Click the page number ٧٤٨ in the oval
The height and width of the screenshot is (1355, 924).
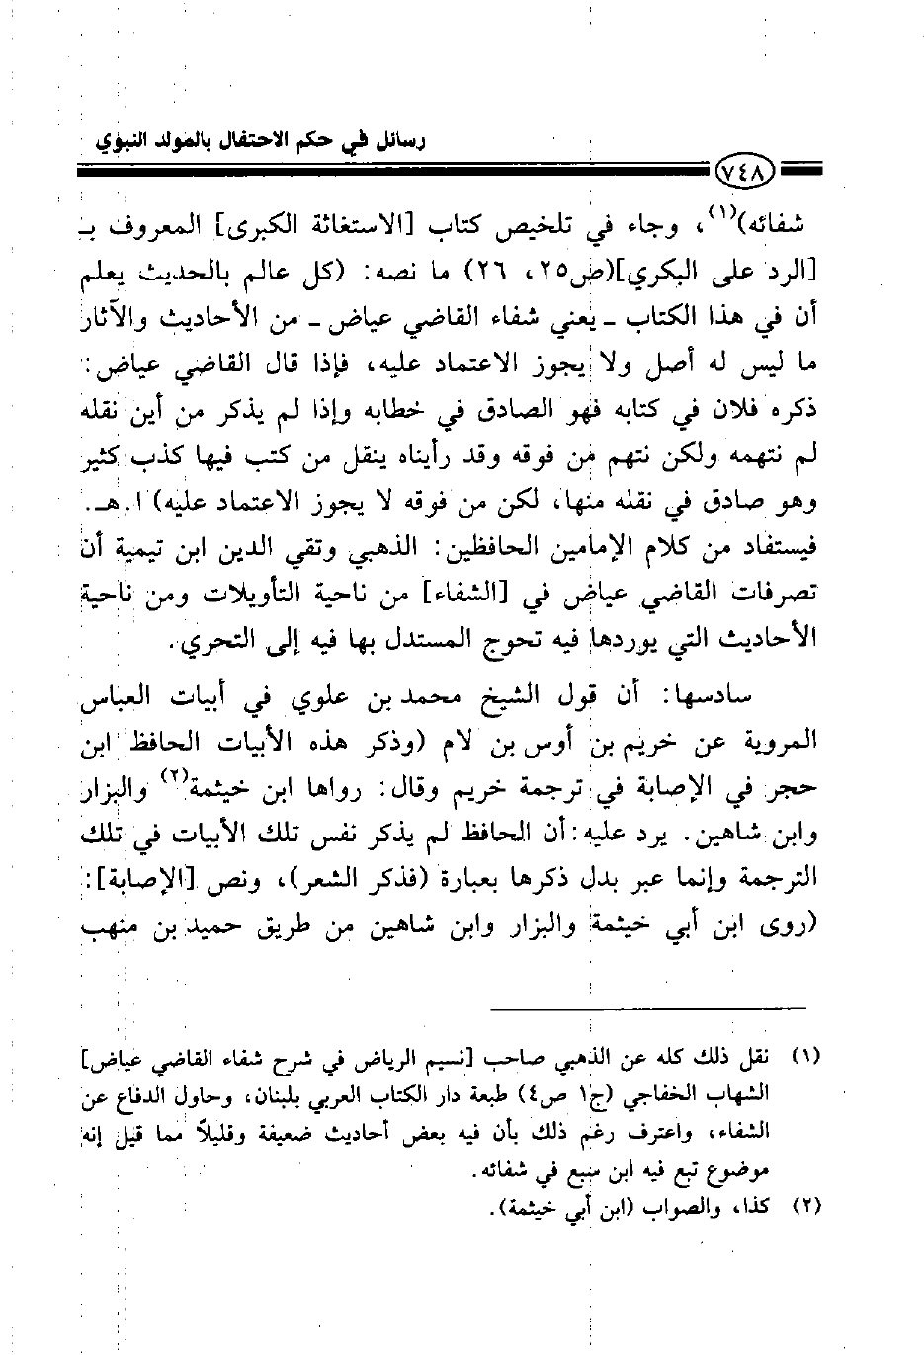[743, 175]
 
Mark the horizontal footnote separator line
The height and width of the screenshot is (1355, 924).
[654, 1006]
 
